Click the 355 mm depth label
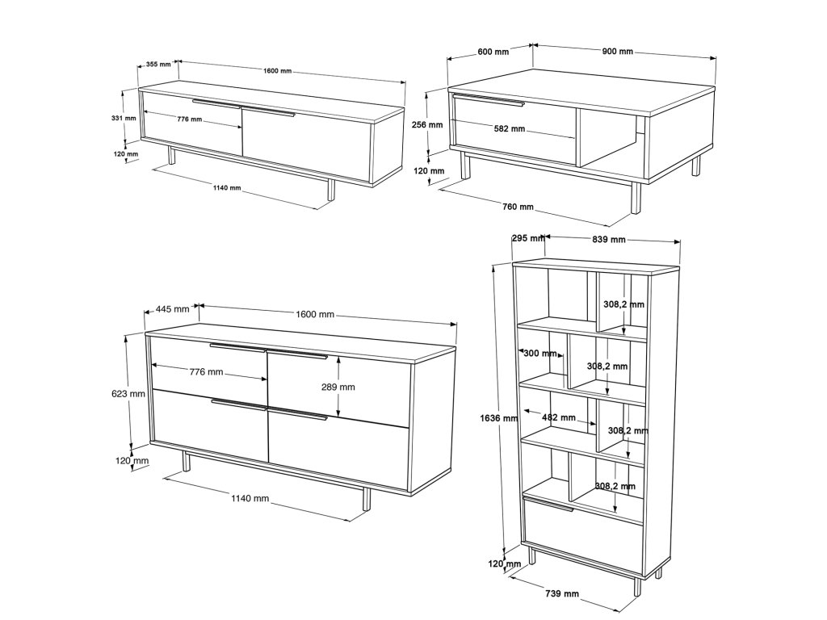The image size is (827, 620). (x=158, y=65)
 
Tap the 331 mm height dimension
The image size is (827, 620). (x=124, y=118)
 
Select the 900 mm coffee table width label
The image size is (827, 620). (x=618, y=52)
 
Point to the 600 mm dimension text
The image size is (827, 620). (x=493, y=52)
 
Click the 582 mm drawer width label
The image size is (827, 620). (x=510, y=128)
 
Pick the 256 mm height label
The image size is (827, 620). (x=426, y=125)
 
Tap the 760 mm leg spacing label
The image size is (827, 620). (x=518, y=207)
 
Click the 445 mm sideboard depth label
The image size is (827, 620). (x=173, y=309)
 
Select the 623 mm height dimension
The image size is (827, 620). (x=128, y=393)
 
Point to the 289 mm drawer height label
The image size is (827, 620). (x=338, y=387)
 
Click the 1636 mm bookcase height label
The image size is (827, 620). (x=499, y=418)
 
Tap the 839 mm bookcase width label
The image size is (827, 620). (x=609, y=239)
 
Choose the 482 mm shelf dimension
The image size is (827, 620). (x=559, y=417)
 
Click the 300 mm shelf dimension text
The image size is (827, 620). (x=540, y=354)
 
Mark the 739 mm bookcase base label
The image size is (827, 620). (x=562, y=593)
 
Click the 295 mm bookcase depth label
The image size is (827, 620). (x=528, y=238)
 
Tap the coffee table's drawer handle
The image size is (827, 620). (x=489, y=100)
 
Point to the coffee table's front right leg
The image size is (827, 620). (x=636, y=198)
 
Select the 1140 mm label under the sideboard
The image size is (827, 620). (x=250, y=498)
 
